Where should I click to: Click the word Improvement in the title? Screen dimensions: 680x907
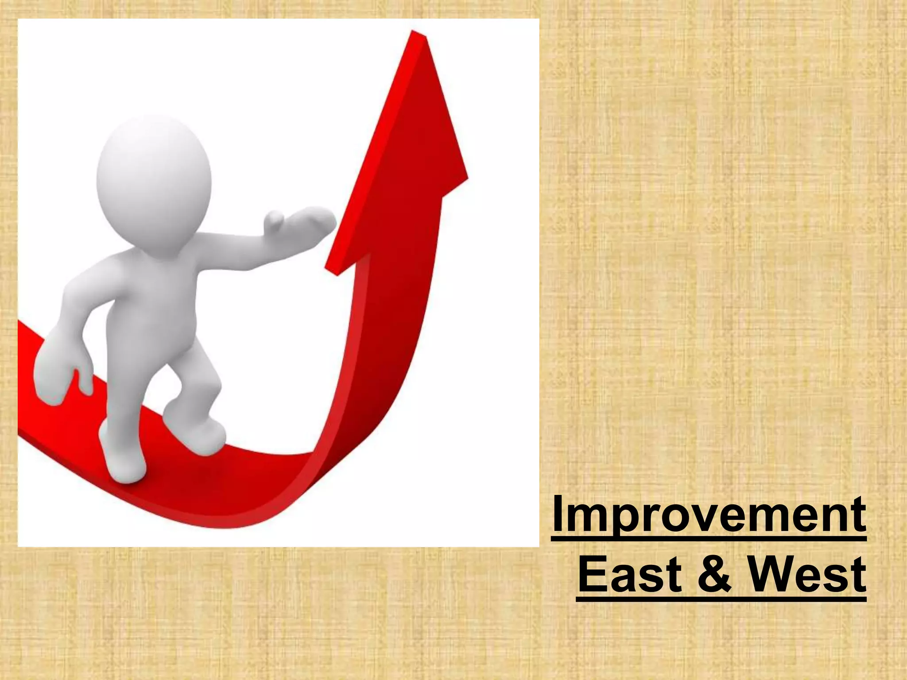(x=709, y=515)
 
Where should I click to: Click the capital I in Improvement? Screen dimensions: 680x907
(x=559, y=515)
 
